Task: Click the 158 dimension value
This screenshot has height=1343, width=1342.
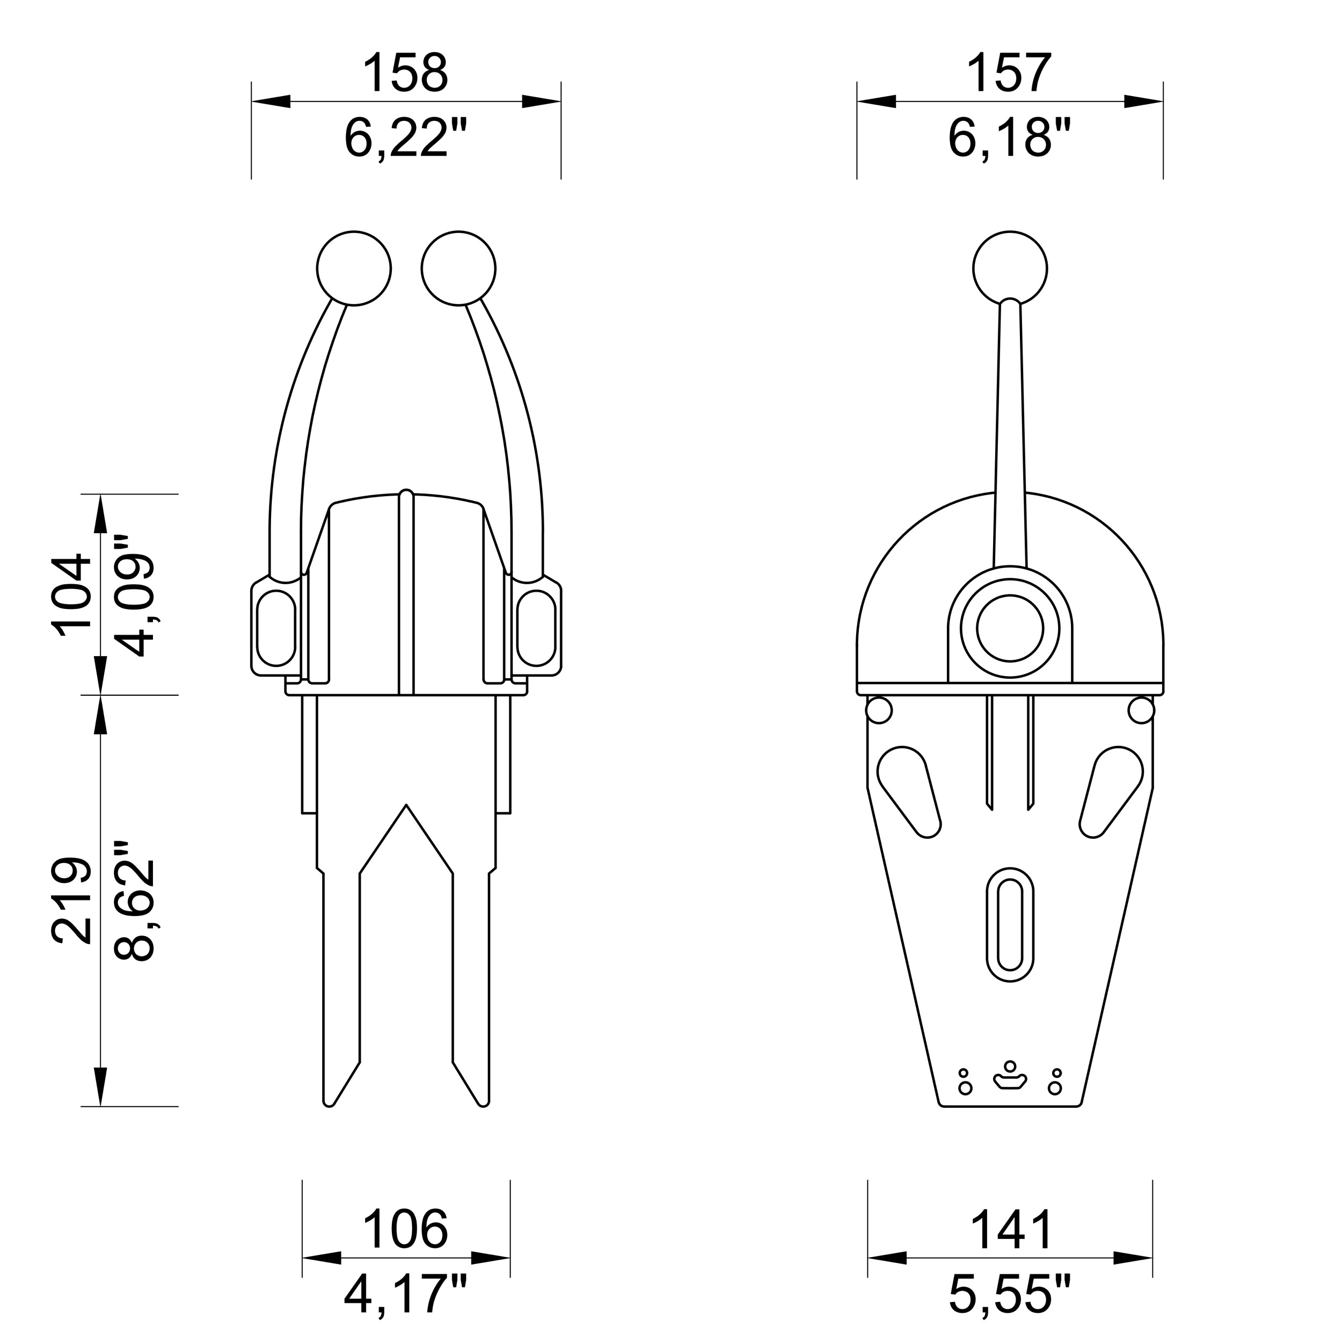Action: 406,73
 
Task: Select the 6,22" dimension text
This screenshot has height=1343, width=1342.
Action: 406,137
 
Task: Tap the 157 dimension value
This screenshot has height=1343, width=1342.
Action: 1009,73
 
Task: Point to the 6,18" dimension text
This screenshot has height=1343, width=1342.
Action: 1009,137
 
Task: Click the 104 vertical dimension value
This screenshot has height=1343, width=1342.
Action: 71,595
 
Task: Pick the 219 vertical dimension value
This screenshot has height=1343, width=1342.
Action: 71,901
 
